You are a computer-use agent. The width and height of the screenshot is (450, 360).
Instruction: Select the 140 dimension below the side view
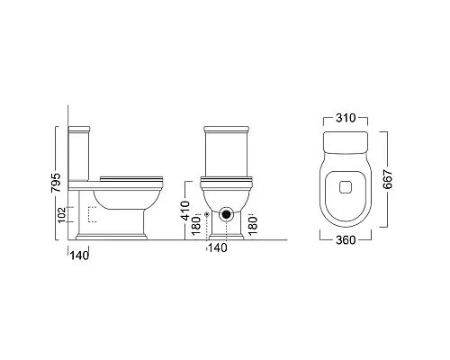pyautogui.click(x=80, y=255)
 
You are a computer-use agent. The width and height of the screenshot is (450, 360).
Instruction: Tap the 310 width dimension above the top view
pyautogui.click(x=346, y=118)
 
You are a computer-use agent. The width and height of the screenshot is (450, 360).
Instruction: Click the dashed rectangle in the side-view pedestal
pyautogui.click(x=92, y=216)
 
